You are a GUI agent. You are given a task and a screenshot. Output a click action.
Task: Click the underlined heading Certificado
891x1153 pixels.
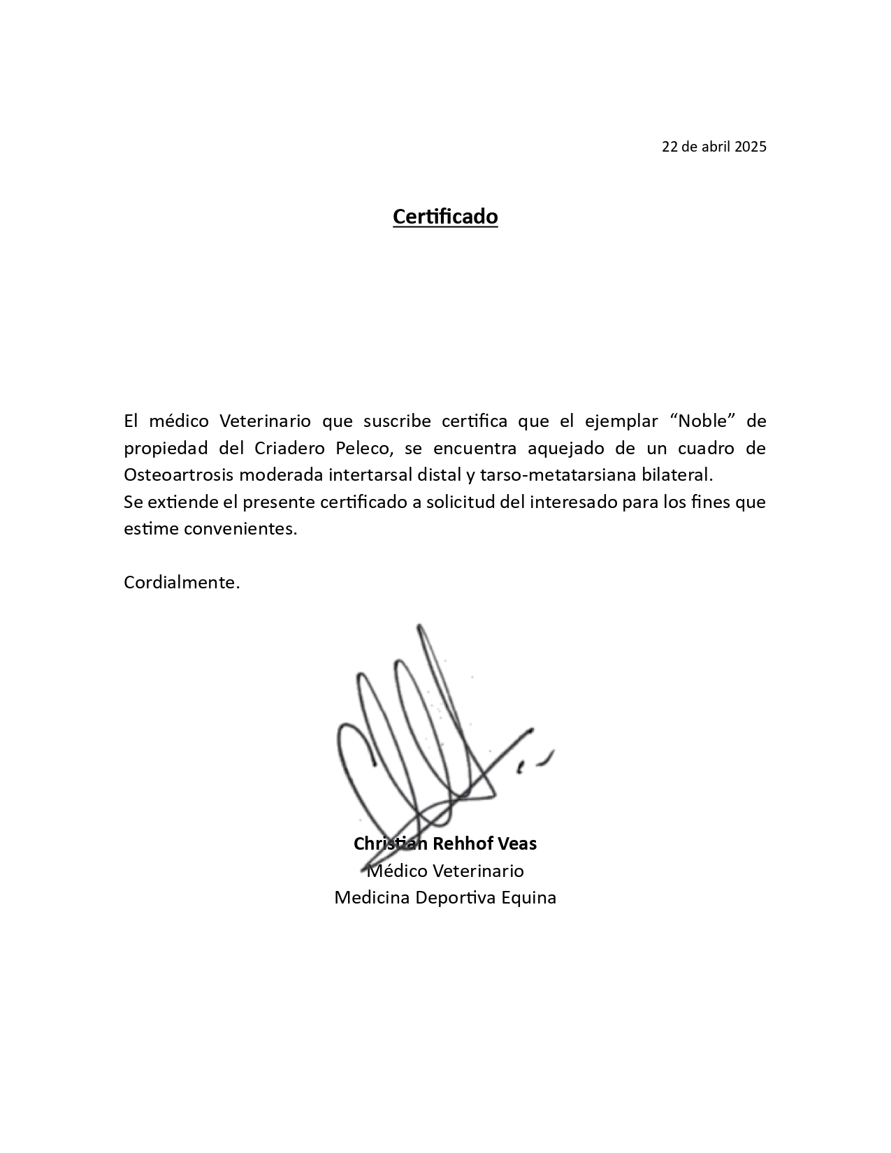(445, 217)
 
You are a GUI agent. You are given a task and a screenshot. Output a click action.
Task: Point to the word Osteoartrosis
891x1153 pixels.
(179, 475)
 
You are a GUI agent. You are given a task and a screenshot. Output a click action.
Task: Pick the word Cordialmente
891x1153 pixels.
(182, 583)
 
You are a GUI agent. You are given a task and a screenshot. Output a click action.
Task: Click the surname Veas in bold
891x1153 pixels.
(517, 844)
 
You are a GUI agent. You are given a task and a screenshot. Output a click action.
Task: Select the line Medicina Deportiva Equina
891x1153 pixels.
(445, 898)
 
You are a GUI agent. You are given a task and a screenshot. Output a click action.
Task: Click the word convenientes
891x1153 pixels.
(240, 529)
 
